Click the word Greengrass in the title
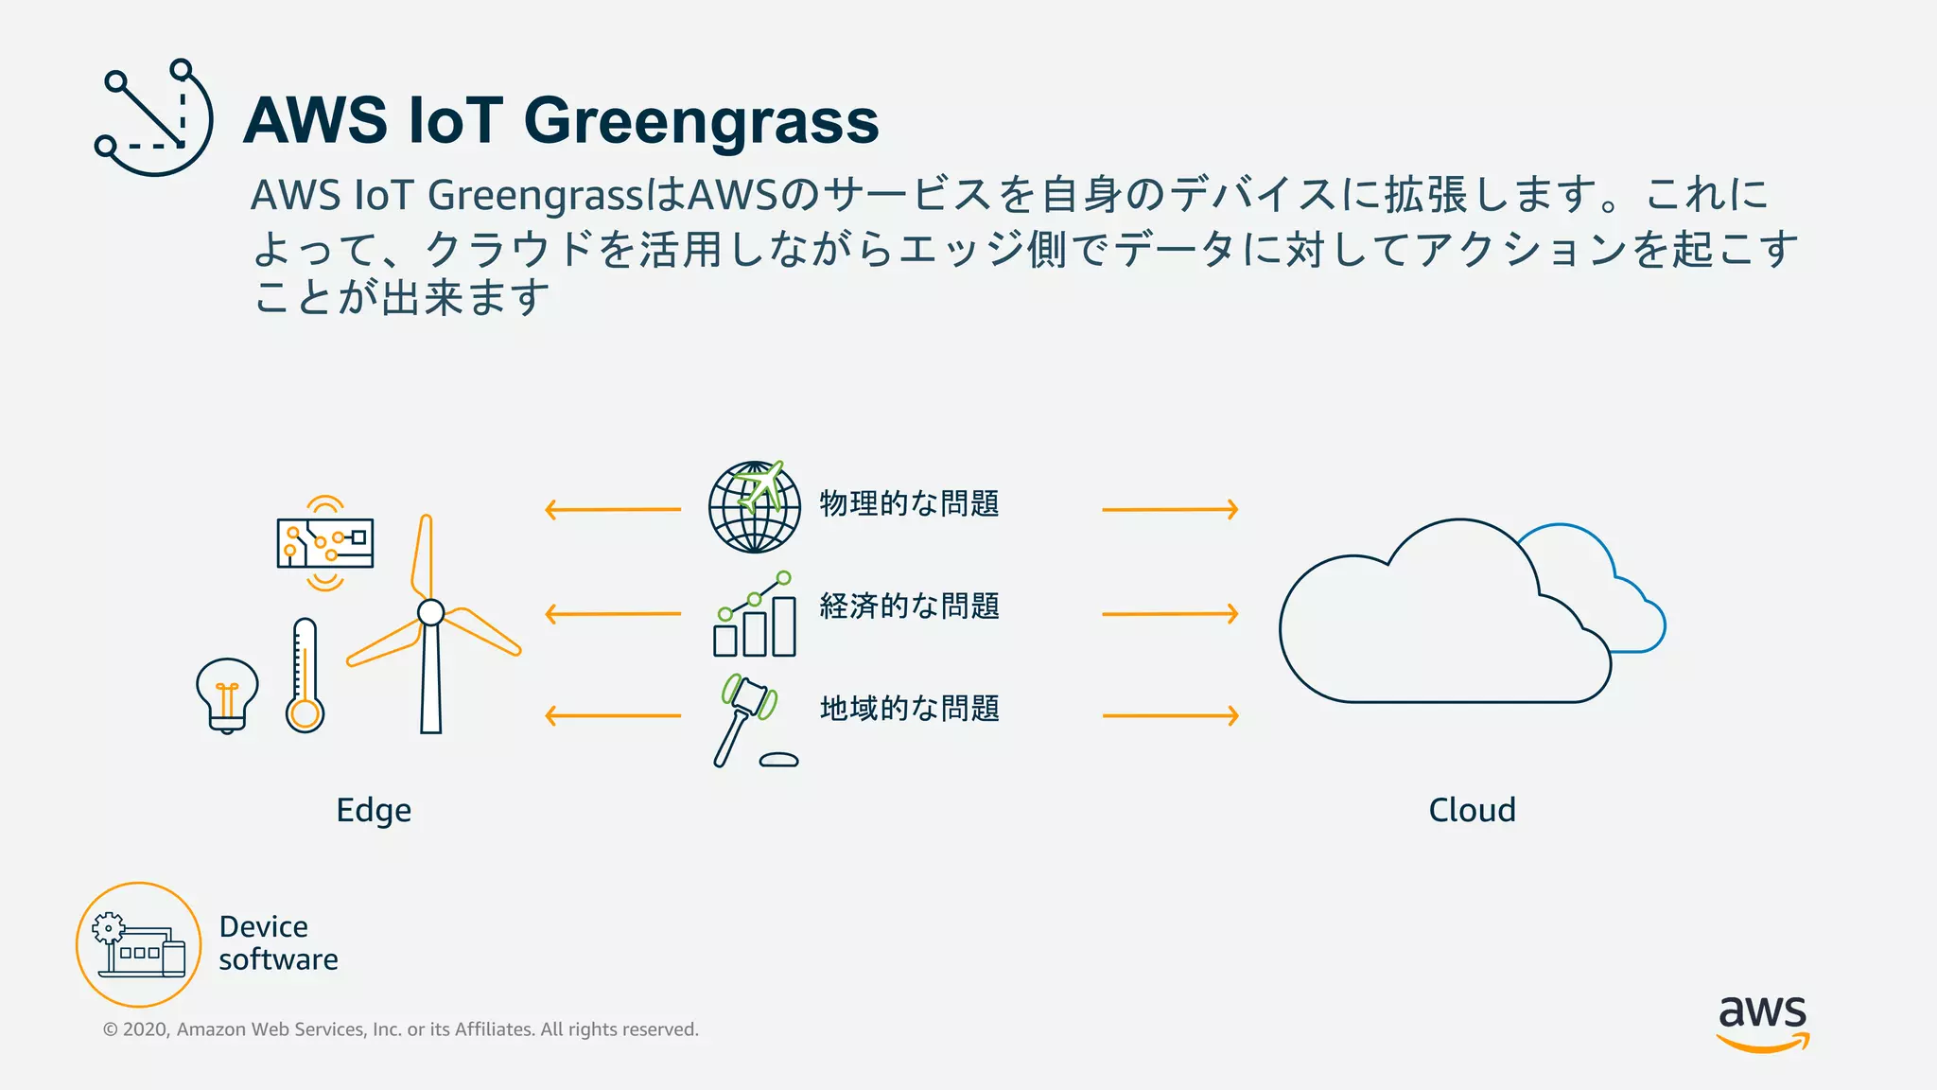pyautogui.click(x=701, y=121)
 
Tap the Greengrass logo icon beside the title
pyautogui.click(x=153, y=117)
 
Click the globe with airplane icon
pyautogui.click(x=755, y=507)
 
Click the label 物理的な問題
pyautogui.click(x=909, y=503)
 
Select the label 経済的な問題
pyautogui.click(x=909, y=606)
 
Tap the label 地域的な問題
pyautogui.click(x=909, y=708)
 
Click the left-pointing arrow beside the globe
pyautogui.click(x=613, y=510)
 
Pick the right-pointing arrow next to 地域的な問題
pyautogui.click(x=1171, y=715)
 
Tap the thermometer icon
pyautogui.click(x=305, y=677)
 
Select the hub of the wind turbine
pyautogui.click(x=430, y=612)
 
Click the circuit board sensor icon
pyautogui.click(x=325, y=543)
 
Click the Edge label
pyautogui.click(x=374, y=811)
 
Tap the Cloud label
pyautogui.click(x=1472, y=810)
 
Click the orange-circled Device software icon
pyautogui.click(x=139, y=944)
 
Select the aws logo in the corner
pyautogui.click(x=1762, y=1022)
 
